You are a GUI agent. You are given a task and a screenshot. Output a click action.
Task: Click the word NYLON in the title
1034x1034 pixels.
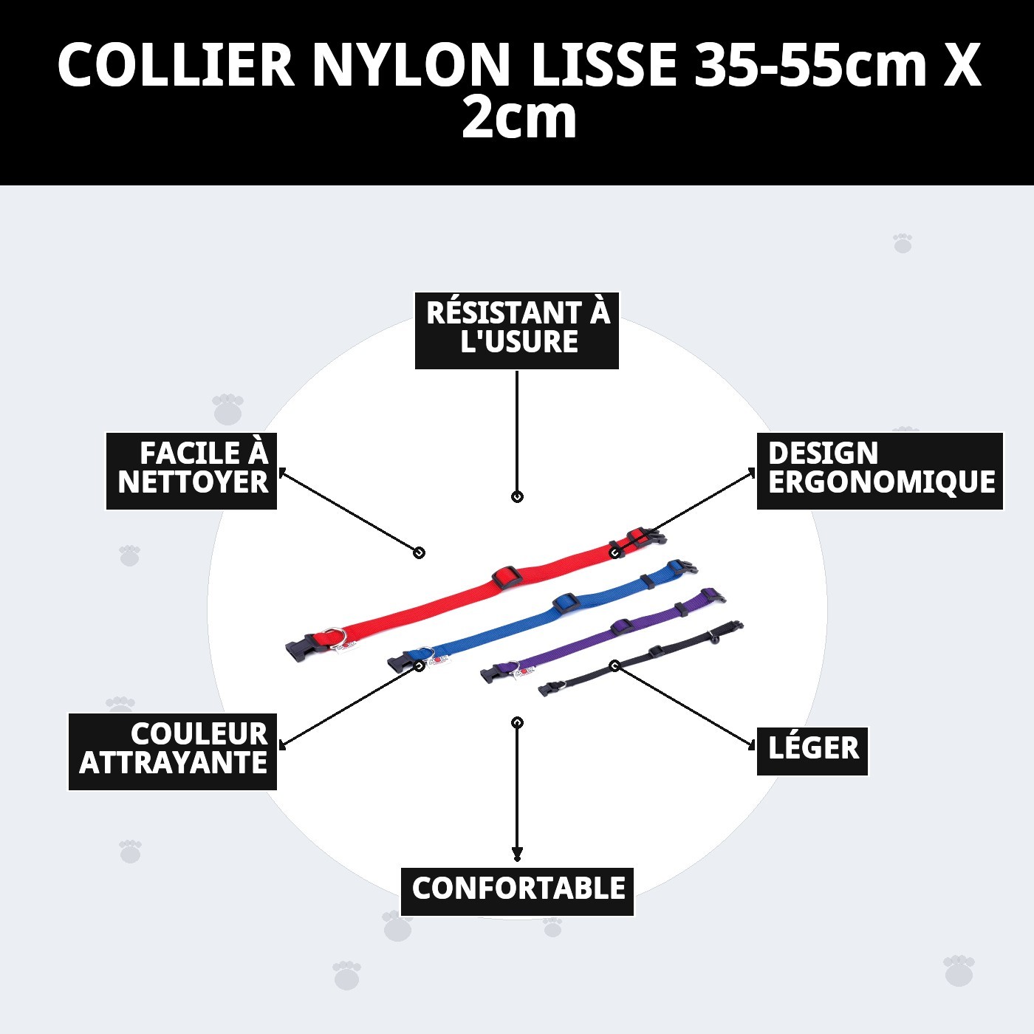click(411, 65)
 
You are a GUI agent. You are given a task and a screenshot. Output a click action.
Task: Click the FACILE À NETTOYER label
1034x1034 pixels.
click(192, 470)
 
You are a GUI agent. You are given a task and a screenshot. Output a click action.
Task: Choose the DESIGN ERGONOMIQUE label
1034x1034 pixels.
click(880, 470)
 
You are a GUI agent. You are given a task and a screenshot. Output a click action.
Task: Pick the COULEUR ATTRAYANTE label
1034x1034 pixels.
click(173, 750)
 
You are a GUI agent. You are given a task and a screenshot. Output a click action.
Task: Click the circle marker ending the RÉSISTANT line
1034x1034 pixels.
click(517, 496)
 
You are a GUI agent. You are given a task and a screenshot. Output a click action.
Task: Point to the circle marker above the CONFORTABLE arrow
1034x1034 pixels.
click(517, 722)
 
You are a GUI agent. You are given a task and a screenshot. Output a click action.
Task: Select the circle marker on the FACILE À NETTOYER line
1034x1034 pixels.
click(419, 552)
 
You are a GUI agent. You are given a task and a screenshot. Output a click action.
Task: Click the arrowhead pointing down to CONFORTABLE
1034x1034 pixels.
click(517, 855)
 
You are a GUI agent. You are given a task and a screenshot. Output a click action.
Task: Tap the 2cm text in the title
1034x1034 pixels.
click(518, 118)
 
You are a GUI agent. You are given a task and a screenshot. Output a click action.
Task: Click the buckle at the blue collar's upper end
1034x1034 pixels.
click(681, 570)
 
